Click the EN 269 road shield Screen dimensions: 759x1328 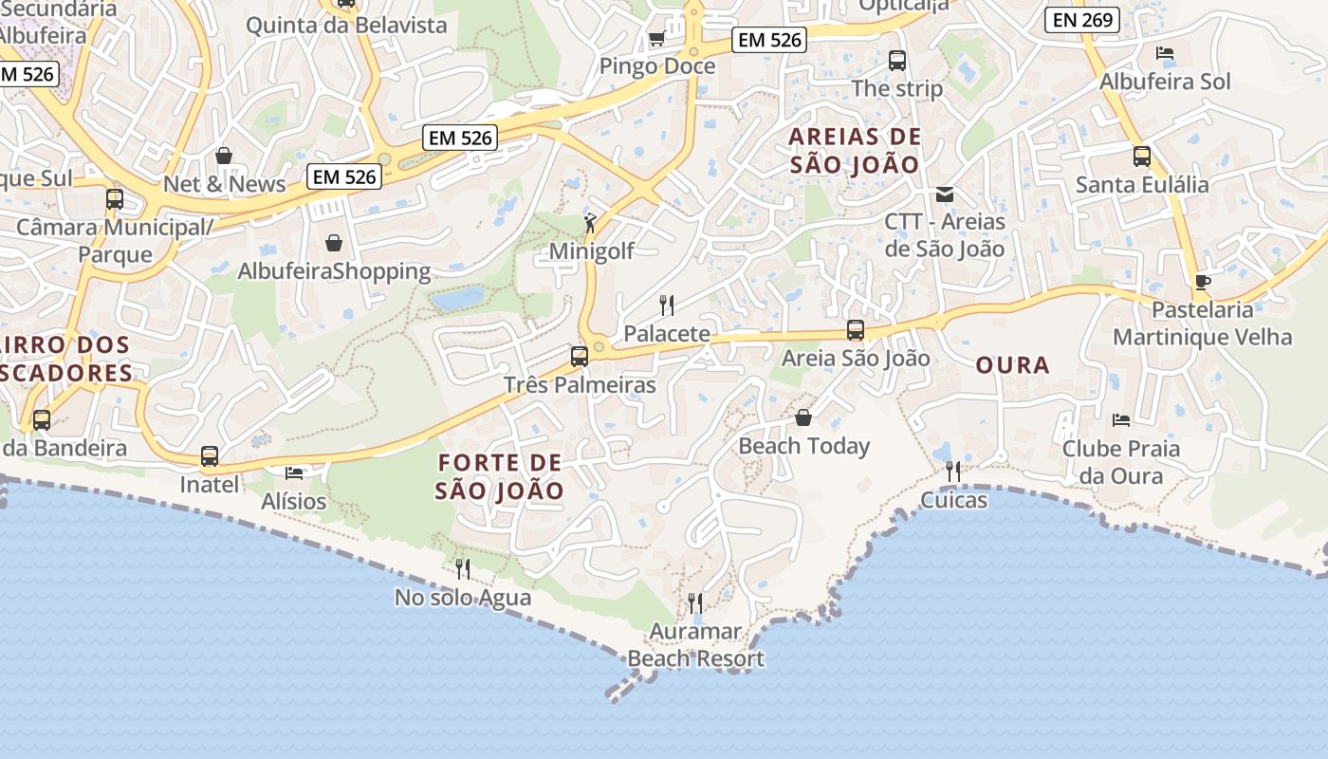tap(1082, 20)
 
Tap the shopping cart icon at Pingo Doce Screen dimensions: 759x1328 tap(655, 39)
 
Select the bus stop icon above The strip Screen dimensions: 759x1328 tap(897, 61)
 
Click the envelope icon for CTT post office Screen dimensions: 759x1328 tap(944, 194)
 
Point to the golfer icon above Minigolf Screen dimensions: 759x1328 tap(591, 224)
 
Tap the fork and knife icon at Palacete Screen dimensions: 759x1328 tap(667, 305)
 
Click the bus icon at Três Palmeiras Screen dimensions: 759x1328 tap(579, 357)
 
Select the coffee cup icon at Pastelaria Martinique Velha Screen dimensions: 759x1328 tap(1202, 282)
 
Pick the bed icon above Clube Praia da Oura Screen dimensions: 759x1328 tap(1120, 419)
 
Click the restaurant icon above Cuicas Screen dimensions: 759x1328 tap(953, 471)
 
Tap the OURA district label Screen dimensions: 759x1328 tap(1012, 365)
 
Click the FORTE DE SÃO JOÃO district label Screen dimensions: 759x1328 tap(500, 477)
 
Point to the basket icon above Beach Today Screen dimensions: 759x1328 tap(803, 417)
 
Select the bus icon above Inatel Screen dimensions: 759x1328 tap(210, 456)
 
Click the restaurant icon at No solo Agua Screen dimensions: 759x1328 tap(463, 569)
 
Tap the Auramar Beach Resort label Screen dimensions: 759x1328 tap(695, 645)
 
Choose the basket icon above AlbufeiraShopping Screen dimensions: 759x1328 tap(334, 243)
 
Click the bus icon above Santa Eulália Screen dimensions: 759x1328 tap(1142, 157)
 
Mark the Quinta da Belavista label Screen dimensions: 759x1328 tap(346, 26)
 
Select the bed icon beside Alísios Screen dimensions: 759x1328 tap(294, 472)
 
